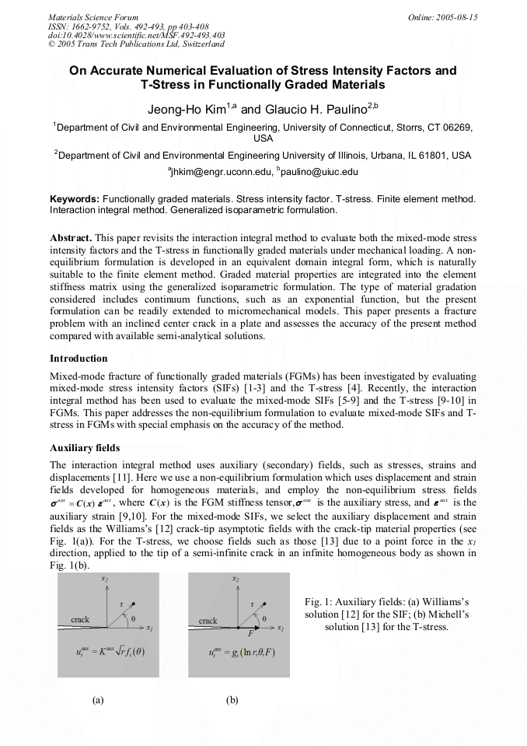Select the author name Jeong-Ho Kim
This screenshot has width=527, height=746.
[x=180, y=110]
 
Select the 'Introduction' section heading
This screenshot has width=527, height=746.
[x=79, y=359]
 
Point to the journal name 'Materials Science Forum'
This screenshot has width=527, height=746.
[x=92, y=17]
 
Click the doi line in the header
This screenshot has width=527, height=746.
[x=136, y=36]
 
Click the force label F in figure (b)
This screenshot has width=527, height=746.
[x=250, y=633]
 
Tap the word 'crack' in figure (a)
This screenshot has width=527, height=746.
[x=80, y=620]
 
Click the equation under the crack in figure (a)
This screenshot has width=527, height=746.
[x=108, y=651]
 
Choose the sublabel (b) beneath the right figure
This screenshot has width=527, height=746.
[x=232, y=700]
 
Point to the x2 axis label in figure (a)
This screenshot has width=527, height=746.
[x=104, y=580]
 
